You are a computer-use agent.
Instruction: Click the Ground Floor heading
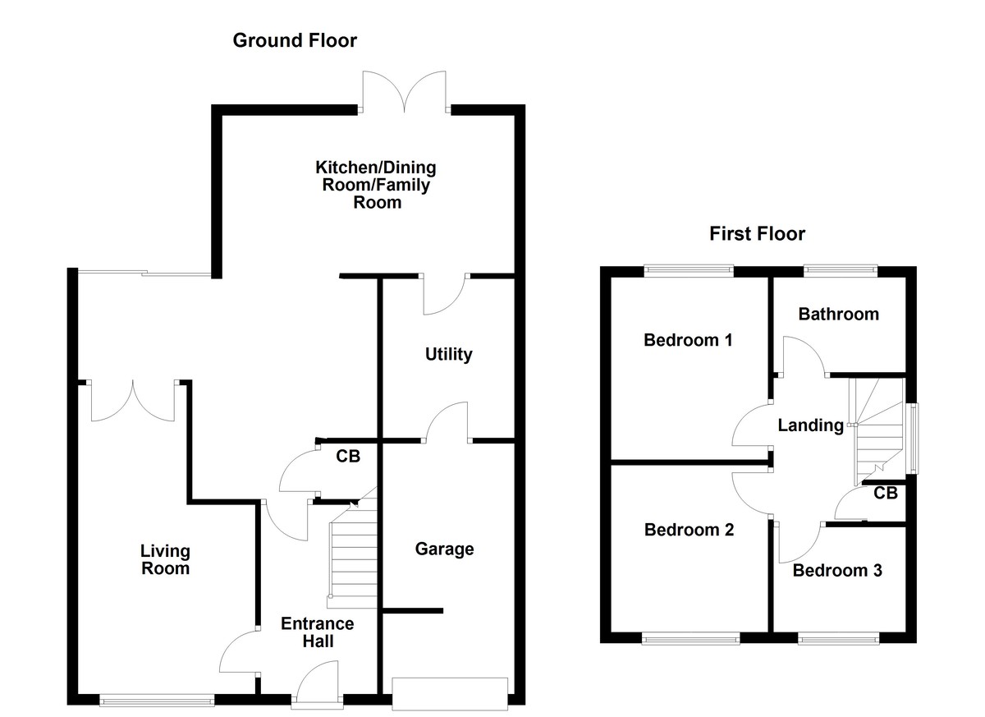click(295, 40)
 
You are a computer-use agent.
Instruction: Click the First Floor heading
click(757, 234)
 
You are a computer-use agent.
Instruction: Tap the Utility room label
click(448, 355)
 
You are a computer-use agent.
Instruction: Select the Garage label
click(444, 549)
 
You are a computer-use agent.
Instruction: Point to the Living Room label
click(165, 559)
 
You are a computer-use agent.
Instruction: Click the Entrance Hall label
click(318, 632)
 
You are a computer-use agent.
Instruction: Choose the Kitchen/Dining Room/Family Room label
click(377, 185)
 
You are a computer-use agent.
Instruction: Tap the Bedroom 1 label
click(687, 340)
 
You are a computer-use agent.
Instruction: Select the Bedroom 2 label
click(689, 530)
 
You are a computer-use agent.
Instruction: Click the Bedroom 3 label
click(836, 571)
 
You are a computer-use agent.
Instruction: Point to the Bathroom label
click(838, 314)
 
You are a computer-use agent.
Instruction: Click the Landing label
click(810, 425)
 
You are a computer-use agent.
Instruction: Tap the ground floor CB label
click(348, 456)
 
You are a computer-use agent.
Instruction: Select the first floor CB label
click(885, 493)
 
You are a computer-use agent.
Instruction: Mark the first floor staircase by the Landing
click(878, 431)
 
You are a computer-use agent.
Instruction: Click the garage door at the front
click(450, 693)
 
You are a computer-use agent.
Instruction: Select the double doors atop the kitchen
click(403, 92)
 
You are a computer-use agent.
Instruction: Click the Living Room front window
click(157, 701)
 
